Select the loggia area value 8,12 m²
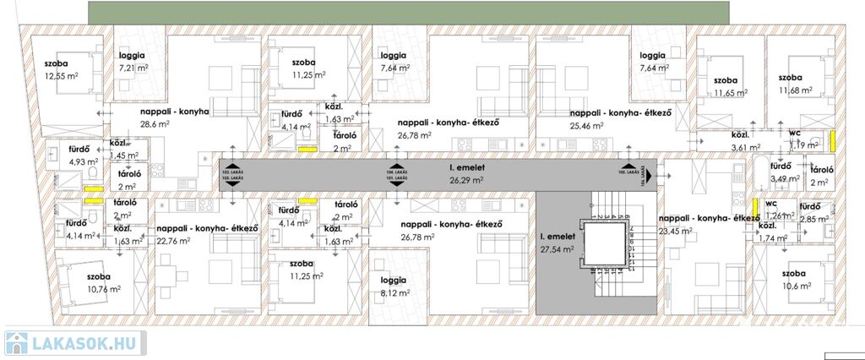click(395, 293)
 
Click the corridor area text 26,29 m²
click(465, 179)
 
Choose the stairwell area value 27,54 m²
click(558, 250)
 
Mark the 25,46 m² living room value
click(588, 125)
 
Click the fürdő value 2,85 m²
click(815, 220)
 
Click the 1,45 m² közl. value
click(123, 156)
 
